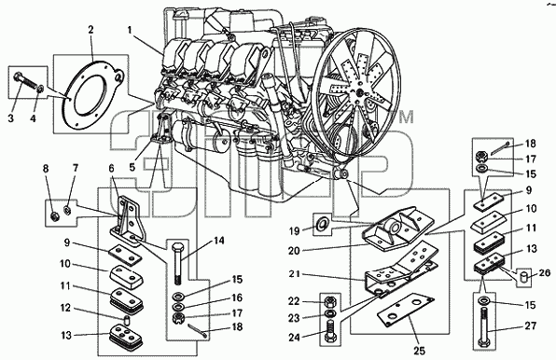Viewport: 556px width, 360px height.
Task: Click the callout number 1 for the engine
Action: (130, 31)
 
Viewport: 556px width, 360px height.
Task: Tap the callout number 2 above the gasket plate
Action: (90, 30)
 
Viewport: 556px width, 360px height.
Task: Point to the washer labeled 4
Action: (41, 89)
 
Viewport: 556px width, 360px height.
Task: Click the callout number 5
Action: (132, 167)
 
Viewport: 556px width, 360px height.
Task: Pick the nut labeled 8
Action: (55, 215)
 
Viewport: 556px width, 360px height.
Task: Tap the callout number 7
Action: (75, 168)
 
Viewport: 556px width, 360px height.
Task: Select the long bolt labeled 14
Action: (177, 264)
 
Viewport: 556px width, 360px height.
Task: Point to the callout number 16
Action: (237, 298)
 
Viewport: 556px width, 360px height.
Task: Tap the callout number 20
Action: (294, 251)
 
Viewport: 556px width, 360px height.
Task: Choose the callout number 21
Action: (294, 274)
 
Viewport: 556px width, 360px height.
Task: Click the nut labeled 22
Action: (329, 302)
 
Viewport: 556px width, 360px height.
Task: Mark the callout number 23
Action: (294, 318)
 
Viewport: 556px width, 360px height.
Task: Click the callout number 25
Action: (420, 351)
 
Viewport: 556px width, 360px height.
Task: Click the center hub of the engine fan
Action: (359, 93)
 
